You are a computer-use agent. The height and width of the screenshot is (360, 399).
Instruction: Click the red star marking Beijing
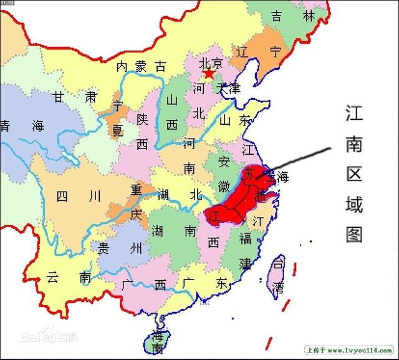pyautogui.click(x=208, y=74)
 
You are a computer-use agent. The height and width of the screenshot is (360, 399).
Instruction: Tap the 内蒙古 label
pyautogui.click(x=142, y=66)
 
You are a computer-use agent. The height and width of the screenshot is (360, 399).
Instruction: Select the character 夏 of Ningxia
pyautogui.click(x=117, y=130)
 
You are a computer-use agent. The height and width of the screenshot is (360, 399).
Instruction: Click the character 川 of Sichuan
pyautogui.click(x=94, y=197)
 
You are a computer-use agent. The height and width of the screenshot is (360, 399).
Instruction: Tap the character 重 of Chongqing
pyautogui.click(x=137, y=188)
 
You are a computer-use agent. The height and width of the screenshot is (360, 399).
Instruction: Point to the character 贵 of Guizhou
pyautogui.click(x=103, y=248)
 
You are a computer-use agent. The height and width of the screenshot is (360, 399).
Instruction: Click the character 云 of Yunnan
pyautogui.click(x=53, y=279)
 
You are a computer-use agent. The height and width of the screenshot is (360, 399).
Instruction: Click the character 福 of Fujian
pyautogui.click(x=245, y=238)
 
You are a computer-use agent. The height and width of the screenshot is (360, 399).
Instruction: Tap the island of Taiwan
pyautogui.click(x=277, y=274)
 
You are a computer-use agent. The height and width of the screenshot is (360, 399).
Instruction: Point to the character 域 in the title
pyautogui.click(x=353, y=203)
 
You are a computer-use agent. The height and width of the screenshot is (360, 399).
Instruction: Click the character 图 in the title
pyautogui.click(x=353, y=233)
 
